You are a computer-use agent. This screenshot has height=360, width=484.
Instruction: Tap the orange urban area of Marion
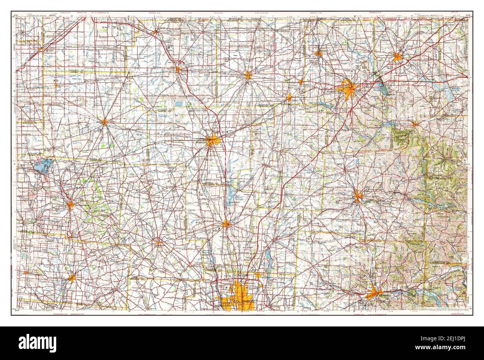pos(213,140)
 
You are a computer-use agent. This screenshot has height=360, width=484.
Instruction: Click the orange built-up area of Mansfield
pos(350,90)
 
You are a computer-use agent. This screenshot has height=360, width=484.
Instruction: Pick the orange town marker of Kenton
pos(105,121)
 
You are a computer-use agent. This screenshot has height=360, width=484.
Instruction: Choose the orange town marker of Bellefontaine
pos(71,204)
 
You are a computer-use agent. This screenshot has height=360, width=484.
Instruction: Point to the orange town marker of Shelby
pos(318,53)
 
